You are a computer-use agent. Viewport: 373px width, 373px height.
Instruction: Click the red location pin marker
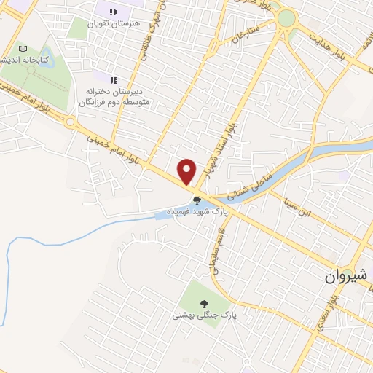(x=187, y=171)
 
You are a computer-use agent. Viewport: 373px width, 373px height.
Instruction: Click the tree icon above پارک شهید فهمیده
(x=196, y=200)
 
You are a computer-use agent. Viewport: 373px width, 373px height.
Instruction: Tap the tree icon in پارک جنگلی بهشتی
(x=203, y=303)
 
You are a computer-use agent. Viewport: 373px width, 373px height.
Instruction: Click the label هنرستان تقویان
(x=114, y=23)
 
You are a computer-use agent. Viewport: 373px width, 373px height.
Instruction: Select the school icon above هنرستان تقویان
(x=113, y=12)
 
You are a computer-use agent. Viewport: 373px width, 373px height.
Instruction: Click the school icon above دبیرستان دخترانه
(x=113, y=80)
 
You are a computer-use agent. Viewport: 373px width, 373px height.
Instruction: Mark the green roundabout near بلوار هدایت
(x=287, y=17)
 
